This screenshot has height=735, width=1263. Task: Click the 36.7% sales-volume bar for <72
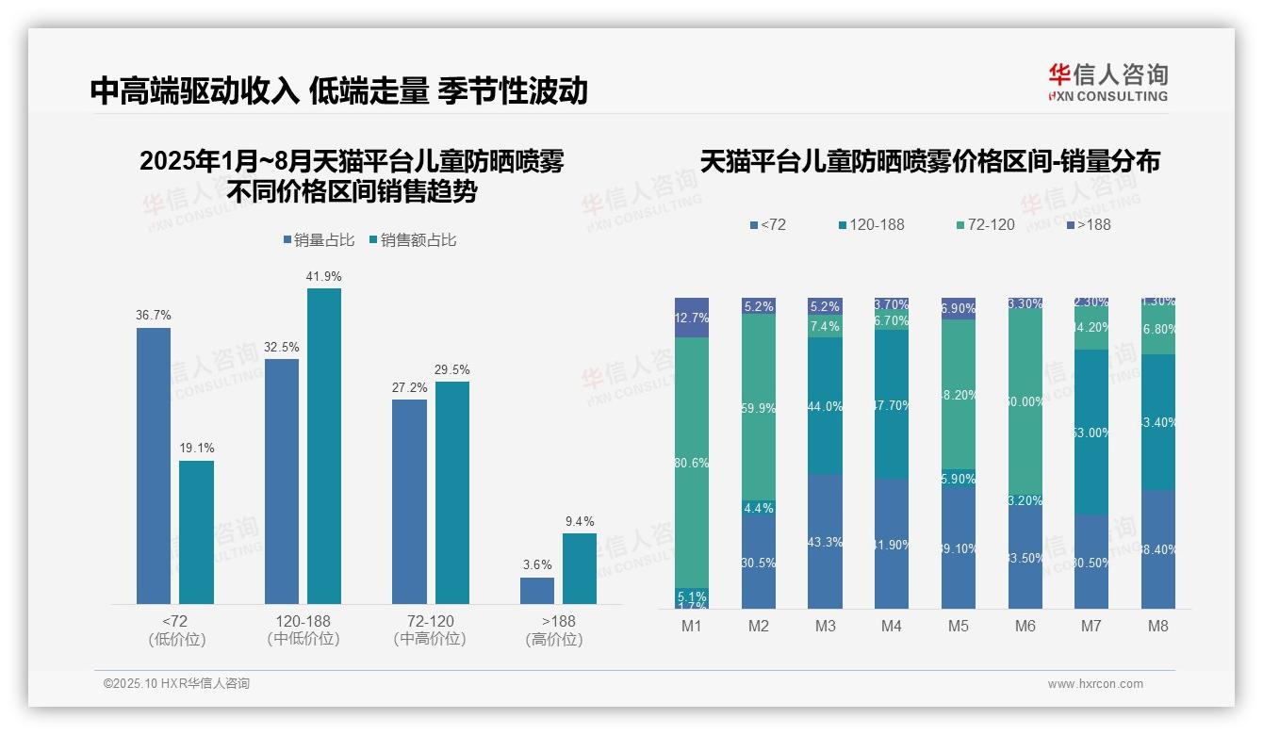pos(154,465)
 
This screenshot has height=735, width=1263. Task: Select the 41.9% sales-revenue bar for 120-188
pos(324,446)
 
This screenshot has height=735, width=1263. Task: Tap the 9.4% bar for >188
pos(580,568)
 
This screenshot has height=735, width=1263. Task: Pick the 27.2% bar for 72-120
pos(409,501)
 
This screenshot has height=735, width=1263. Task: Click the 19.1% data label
pos(197,449)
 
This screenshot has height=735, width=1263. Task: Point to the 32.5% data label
pos(282,347)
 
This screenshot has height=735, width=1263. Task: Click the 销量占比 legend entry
pos(319,240)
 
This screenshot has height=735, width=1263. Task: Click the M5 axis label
pos(958,626)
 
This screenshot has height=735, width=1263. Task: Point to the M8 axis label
pos(1158,626)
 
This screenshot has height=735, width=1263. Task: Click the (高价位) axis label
pos(553,639)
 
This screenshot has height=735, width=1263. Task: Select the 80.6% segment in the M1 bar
pos(692,463)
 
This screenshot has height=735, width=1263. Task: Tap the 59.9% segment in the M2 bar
pos(759,407)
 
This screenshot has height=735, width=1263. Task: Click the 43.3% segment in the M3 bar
pos(825,542)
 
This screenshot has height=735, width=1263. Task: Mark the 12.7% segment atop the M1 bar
pos(692,318)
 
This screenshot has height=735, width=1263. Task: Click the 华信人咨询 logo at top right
pos(1107,82)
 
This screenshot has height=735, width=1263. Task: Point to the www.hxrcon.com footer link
pos(1095,684)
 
